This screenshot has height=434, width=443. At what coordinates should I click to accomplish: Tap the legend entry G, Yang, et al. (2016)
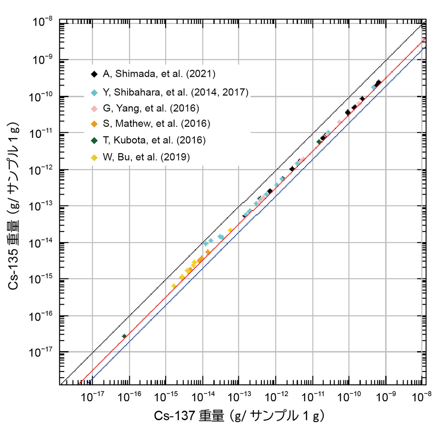point(151,108)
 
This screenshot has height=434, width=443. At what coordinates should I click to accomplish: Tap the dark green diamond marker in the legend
point(94,140)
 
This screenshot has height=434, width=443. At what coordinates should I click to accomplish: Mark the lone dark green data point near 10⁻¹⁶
point(124,336)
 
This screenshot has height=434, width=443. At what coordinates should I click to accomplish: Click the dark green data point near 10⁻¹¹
point(319,142)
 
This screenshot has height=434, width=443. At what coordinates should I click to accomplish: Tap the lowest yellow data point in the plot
point(174,286)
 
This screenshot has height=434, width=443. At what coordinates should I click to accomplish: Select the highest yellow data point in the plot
point(230,230)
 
